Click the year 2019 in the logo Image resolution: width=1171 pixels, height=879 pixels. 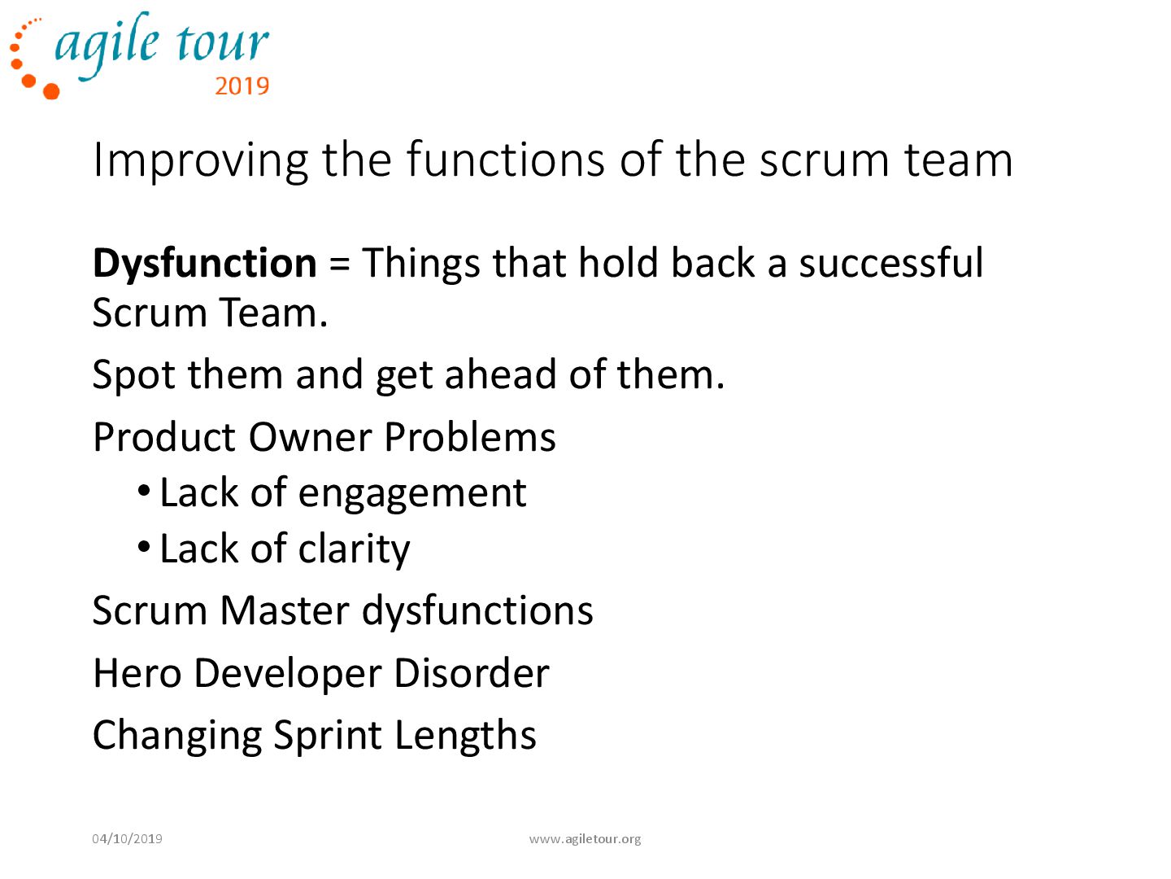242,85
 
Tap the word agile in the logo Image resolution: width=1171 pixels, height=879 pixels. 107,45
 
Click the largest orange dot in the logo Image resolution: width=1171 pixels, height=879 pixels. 51,90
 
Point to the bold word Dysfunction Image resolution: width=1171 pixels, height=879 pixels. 204,264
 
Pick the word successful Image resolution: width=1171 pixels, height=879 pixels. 890,264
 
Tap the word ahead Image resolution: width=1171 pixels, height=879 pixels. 500,374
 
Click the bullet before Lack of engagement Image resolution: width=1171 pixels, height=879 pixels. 144,491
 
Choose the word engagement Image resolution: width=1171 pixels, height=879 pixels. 412,493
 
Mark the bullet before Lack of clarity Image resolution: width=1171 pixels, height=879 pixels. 144,547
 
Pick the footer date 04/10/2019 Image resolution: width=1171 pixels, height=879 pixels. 127,838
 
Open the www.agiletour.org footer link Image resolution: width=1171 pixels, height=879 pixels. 585,838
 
